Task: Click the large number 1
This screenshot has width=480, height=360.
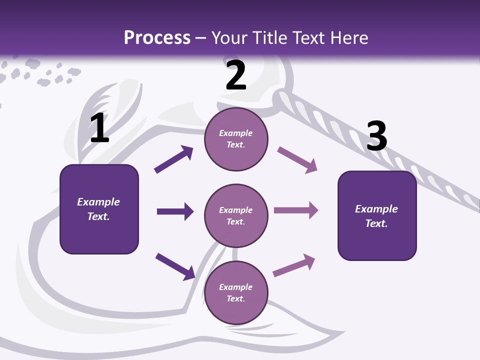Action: tap(99, 129)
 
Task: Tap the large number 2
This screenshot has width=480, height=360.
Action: tap(236, 76)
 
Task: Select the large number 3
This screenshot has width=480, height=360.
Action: tap(376, 136)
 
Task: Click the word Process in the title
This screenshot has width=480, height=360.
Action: tap(157, 37)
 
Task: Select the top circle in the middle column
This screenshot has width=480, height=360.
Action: tap(236, 139)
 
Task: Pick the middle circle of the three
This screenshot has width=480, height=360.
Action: tap(236, 215)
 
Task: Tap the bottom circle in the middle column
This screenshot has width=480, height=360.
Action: tap(236, 292)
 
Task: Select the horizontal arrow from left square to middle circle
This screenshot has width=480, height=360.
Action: tap(175, 211)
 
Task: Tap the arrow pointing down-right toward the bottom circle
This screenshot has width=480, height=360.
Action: tap(175, 266)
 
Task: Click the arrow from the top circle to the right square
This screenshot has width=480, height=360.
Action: tap(297, 160)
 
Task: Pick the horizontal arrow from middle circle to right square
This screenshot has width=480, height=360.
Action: tap(296, 210)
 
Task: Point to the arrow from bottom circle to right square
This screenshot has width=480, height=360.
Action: tap(294, 265)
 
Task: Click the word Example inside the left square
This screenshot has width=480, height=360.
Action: tap(98, 202)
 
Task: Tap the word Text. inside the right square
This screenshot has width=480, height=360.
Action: tap(376, 223)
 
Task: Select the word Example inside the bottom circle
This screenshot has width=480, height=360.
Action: tap(236, 287)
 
